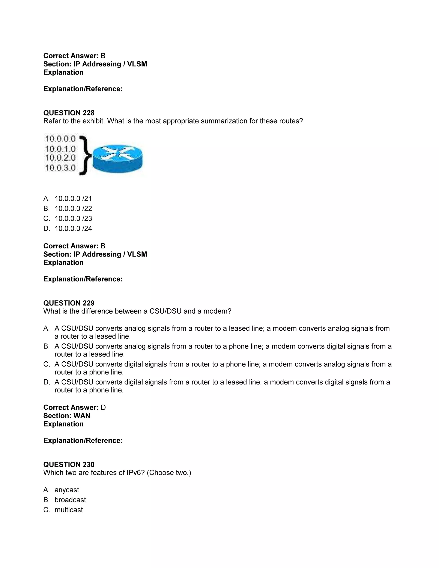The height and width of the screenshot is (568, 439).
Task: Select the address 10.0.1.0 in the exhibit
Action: point(60,149)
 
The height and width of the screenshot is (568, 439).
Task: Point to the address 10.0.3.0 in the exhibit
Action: point(60,168)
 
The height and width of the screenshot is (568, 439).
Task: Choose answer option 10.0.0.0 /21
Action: point(73,199)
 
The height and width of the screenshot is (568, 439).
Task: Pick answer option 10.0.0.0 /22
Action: point(73,209)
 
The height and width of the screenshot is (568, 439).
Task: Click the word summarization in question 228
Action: point(224,121)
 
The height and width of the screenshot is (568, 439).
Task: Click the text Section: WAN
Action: point(67,416)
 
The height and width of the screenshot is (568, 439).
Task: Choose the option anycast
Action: point(67,490)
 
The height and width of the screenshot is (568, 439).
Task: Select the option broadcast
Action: point(70,500)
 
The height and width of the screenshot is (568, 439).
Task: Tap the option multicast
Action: point(69,510)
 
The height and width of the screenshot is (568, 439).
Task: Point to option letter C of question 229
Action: point(47,364)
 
